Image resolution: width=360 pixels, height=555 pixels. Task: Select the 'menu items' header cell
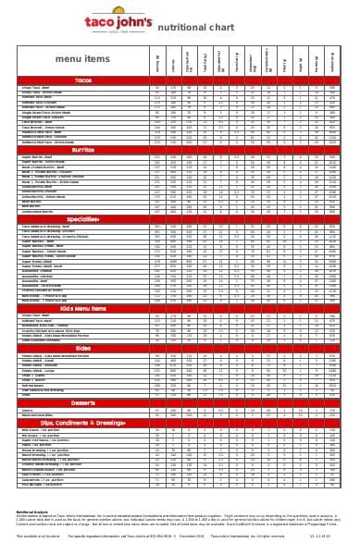[x=82, y=58]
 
